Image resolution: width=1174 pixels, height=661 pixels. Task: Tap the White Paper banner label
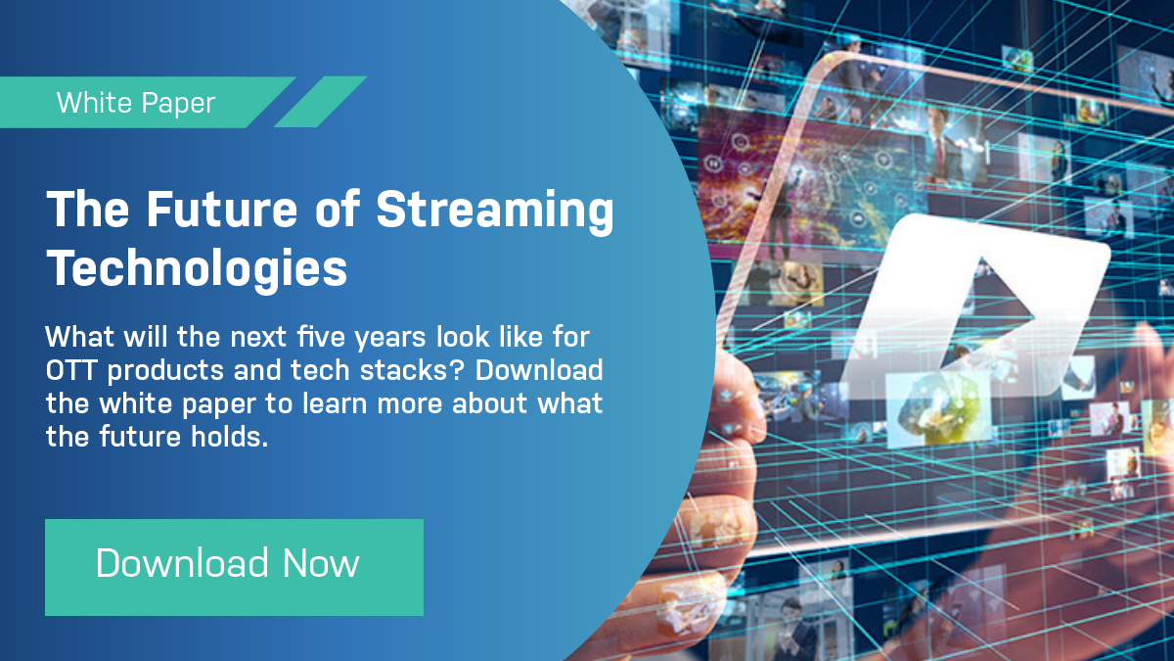pyautogui.click(x=137, y=102)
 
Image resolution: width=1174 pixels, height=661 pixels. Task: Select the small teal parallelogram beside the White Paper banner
pyautogui.click(x=320, y=102)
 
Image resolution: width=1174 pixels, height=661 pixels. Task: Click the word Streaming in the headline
pyautogui.click(x=495, y=212)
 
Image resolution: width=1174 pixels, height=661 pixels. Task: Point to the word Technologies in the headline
pyautogui.click(x=198, y=266)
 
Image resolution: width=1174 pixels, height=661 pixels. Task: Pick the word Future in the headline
pyautogui.click(x=216, y=210)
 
